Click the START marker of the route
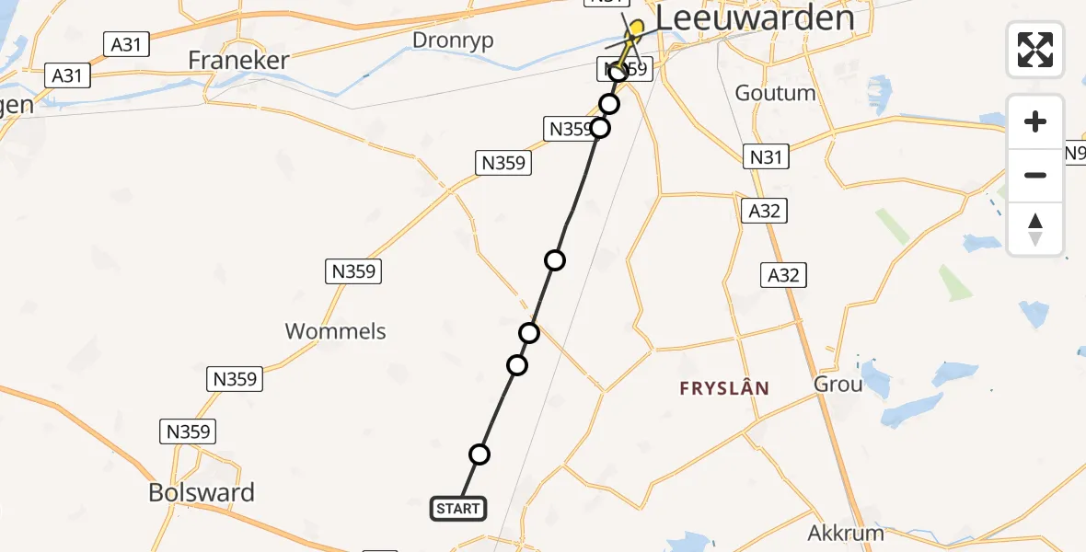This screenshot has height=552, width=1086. [457, 508]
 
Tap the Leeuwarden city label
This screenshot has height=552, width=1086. [755, 17]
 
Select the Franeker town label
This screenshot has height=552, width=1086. [238, 61]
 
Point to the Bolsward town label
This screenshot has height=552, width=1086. [202, 492]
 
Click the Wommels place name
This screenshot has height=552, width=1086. [336, 331]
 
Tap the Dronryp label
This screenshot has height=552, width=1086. [453, 40]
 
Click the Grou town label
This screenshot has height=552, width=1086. [838, 384]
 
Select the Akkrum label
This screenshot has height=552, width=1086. [846, 533]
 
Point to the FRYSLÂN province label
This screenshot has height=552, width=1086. [724, 388]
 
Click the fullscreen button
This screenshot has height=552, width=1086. [1035, 49]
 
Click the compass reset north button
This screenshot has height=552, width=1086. [1035, 229]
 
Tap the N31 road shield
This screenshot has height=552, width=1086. [766, 157]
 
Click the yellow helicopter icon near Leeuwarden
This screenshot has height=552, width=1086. [635, 29]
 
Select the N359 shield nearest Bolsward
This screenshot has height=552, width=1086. [189, 431]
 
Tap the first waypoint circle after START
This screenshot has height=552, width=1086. [479, 454]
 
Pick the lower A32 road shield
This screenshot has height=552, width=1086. [784, 274]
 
